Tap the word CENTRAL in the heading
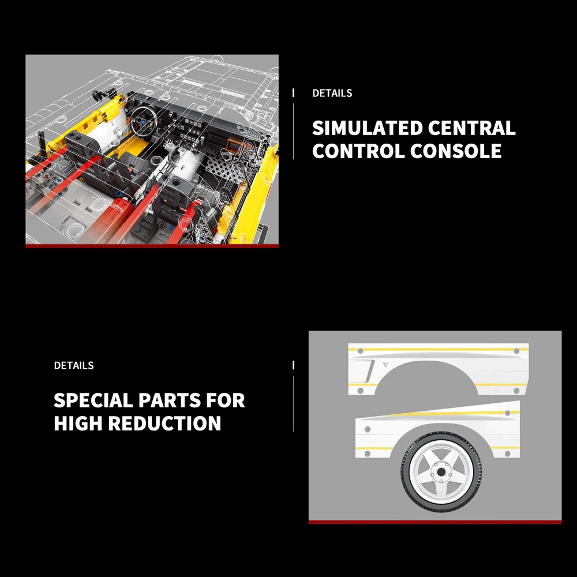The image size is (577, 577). (x=471, y=128)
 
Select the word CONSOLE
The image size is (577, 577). (x=456, y=151)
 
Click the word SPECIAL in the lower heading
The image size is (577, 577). (x=93, y=400)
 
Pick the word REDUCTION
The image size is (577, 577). (x=164, y=423)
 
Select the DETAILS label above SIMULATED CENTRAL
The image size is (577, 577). (x=332, y=93)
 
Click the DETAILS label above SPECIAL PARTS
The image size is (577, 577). (x=74, y=365)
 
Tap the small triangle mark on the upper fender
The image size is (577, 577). (x=385, y=365)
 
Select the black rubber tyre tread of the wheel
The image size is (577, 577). (x=441, y=472)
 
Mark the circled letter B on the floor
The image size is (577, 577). (x=161, y=224)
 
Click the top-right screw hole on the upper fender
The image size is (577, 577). (x=516, y=351)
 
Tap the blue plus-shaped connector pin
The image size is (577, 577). (x=58, y=180)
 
